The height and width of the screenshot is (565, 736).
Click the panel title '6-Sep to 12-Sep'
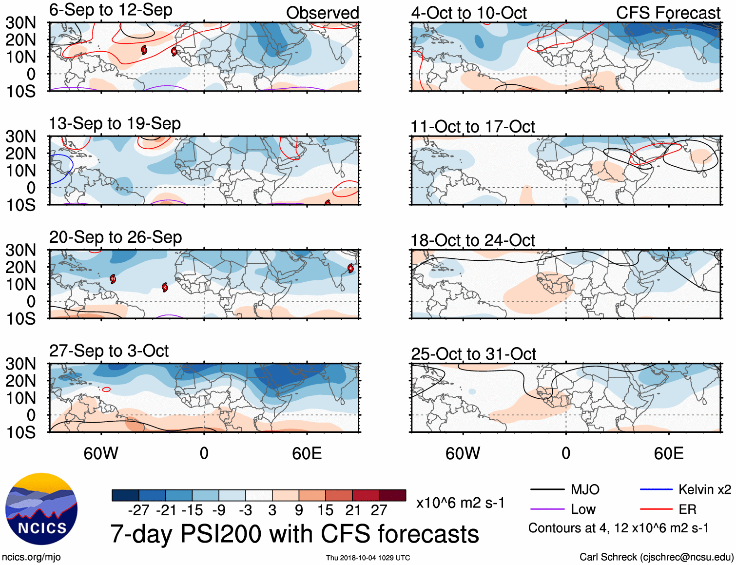pyautogui.click(x=111, y=10)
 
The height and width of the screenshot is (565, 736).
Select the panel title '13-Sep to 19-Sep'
pyautogui.click(x=115, y=124)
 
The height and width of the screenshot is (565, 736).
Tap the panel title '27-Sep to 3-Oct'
pyautogui.click(x=109, y=351)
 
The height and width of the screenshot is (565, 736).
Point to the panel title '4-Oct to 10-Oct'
pyautogui.click(x=469, y=13)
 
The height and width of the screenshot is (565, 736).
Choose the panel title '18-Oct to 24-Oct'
pyautogui.click(x=473, y=240)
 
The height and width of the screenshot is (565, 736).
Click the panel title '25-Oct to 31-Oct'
pyautogui.click(x=473, y=354)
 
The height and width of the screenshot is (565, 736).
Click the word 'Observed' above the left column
pyautogui.click(x=322, y=13)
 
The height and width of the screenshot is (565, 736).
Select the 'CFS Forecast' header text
pyautogui.click(x=668, y=13)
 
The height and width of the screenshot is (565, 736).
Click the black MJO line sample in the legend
pyautogui.click(x=547, y=489)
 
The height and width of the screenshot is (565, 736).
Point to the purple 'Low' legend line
pyautogui.click(x=547, y=509)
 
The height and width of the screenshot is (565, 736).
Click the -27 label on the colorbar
pyautogui.click(x=138, y=510)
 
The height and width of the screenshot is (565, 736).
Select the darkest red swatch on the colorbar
pyautogui.click(x=392, y=495)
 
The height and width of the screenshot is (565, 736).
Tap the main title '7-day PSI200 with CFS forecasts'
pyautogui.click(x=294, y=534)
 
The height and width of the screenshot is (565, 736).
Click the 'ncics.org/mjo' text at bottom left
pyautogui.click(x=31, y=557)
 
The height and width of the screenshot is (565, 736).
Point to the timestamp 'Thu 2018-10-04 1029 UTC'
pyautogui.click(x=368, y=558)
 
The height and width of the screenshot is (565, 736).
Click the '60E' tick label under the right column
pyautogui.click(x=668, y=454)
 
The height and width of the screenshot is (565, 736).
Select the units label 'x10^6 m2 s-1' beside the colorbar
pyautogui.click(x=460, y=503)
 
